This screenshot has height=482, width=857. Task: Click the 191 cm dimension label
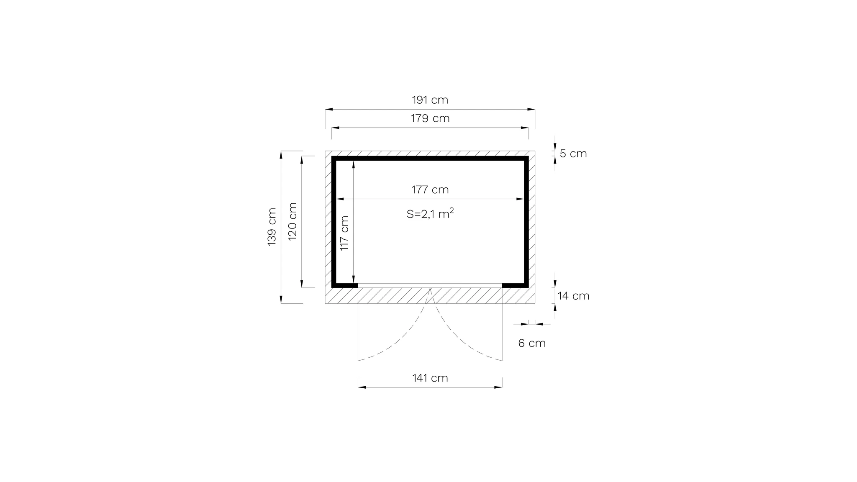430,100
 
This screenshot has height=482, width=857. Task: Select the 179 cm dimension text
430,118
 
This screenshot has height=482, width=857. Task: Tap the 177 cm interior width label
430,190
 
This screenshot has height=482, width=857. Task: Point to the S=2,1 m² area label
430,214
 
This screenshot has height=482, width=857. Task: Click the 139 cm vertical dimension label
272,227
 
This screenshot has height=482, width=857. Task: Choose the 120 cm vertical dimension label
293,221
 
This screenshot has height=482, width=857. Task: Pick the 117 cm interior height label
344,233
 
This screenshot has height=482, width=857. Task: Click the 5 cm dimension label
573,154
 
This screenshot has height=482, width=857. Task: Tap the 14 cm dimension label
573,296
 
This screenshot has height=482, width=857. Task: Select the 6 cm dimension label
532,343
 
